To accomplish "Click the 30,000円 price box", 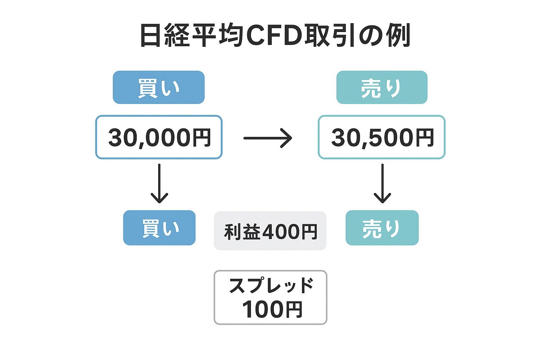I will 159,137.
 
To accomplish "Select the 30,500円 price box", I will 381,137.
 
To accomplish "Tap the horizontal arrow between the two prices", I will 268,138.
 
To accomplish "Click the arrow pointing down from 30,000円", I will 159,184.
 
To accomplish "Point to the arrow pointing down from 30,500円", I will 382,184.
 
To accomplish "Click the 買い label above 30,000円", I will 159,87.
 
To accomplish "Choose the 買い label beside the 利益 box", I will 159,228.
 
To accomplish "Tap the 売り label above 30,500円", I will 382,87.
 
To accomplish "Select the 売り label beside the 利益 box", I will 382,228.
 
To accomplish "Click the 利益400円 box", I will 270,231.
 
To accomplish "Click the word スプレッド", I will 271,285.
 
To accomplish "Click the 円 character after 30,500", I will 424,137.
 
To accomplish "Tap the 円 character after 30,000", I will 201,137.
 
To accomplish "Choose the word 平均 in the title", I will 219,36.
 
